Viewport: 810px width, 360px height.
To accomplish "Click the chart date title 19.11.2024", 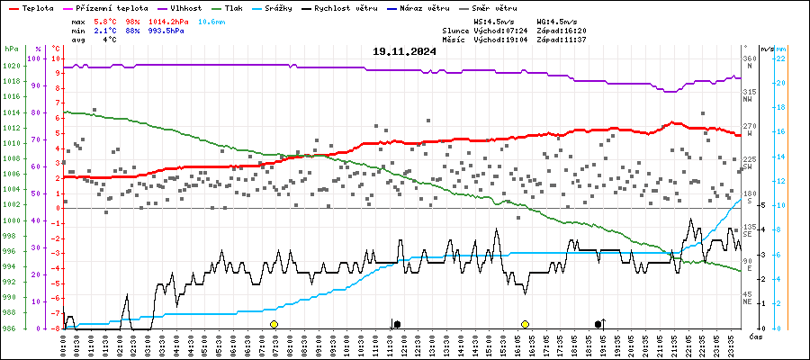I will (x=404, y=51).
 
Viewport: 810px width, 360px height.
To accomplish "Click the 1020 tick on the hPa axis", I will (x=12, y=67).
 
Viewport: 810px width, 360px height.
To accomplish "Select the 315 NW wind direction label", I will (x=748, y=95).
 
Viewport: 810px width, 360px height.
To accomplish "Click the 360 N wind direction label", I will (x=748, y=62).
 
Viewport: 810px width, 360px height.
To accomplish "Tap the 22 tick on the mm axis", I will (x=782, y=58).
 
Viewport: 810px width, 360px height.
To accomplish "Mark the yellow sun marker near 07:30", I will (x=274, y=323).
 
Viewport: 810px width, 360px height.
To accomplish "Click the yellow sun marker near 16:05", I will (x=525, y=323).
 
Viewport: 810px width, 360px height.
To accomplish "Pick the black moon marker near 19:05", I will (x=598, y=323).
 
